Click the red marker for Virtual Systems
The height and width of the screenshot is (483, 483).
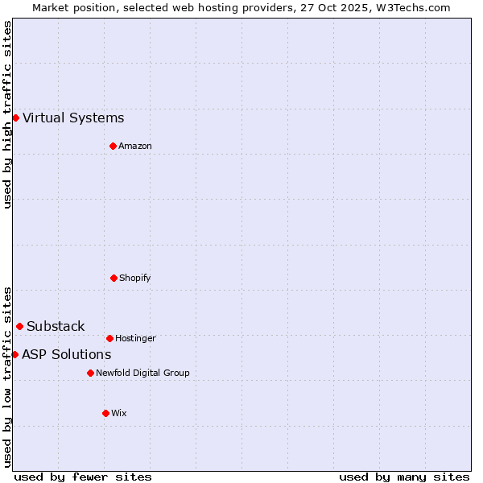15,118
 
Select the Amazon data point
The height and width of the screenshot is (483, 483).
113,146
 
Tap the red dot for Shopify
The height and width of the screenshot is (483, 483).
114,278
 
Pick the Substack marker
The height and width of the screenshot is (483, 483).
19,326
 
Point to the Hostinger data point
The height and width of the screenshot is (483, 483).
109,338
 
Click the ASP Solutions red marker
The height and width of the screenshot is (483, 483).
14,354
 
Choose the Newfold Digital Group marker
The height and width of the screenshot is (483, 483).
90,373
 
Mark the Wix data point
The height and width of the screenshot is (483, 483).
105,413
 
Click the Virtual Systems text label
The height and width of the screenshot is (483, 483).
73,118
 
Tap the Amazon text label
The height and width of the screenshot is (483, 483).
135,146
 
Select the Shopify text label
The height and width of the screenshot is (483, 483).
135,278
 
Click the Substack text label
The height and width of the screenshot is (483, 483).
56,326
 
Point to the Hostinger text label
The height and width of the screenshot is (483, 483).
135,338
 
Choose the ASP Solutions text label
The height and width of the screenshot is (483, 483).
66,354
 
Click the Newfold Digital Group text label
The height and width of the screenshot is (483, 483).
142,373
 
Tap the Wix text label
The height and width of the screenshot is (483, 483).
119,413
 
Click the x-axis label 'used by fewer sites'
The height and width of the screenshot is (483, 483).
83,477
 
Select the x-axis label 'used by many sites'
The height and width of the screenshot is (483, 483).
404,477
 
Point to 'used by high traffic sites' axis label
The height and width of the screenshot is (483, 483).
7,114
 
